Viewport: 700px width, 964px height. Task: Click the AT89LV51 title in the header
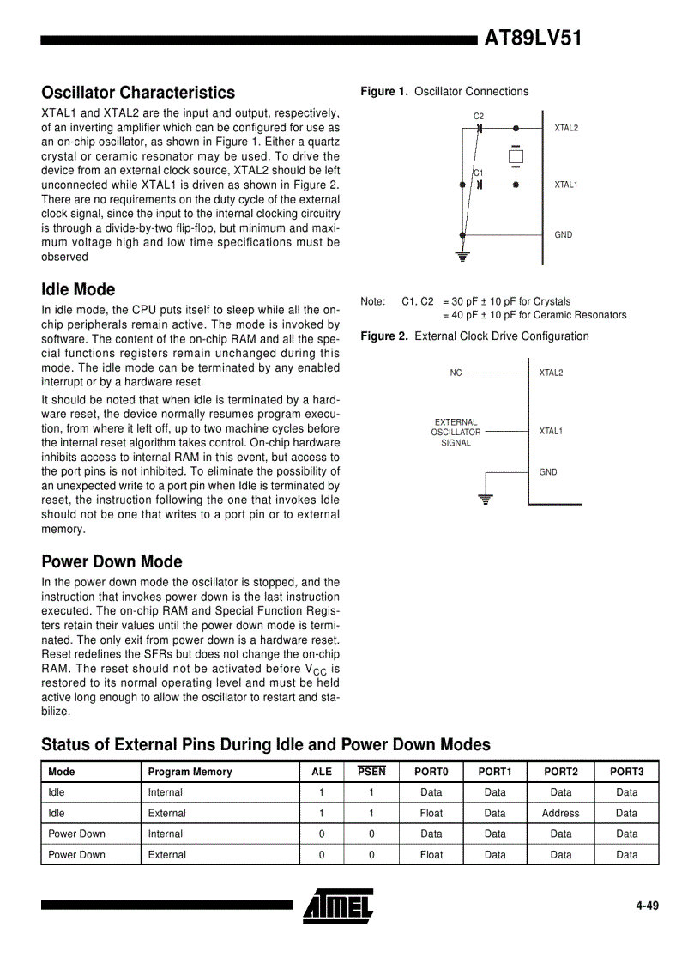click(533, 38)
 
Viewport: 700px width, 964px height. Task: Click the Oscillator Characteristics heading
click(138, 92)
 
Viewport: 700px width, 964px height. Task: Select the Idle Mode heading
click(78, 289)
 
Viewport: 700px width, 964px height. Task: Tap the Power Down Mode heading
click(112, 561)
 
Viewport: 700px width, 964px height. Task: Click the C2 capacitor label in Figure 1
click(479, 116)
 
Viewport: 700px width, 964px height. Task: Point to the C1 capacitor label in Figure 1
click(479, 173)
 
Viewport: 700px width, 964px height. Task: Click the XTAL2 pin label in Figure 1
click(566, 128)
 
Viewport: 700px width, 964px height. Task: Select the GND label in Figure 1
click(564, 234)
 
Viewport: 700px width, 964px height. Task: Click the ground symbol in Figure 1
click(462, 255)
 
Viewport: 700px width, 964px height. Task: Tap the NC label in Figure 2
click(456, 373)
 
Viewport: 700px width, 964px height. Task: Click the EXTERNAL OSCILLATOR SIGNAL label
click(456, 433)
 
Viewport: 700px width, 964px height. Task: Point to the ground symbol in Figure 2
click(486, 500)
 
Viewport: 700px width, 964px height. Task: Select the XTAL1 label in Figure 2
click(551, 431)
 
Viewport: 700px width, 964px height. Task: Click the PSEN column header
click(371, 772)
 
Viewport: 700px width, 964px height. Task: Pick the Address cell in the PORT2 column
click(561, 813)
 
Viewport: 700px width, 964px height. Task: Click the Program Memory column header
click(190, 772)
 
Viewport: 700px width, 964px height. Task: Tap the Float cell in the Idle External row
click(431, 813)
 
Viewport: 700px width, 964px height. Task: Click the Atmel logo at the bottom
click(338, 906)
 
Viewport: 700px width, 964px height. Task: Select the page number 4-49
click(647, 906)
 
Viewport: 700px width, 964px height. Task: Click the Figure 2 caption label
click(384, 336)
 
